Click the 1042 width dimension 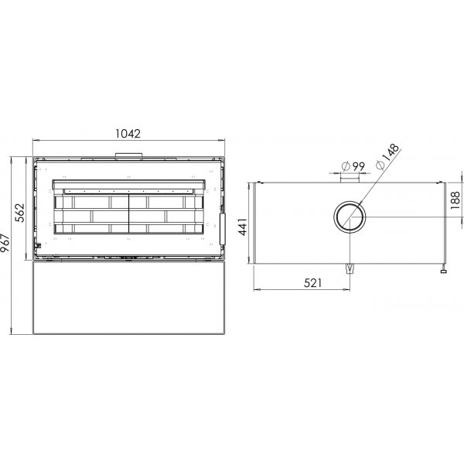(x=128, y=134)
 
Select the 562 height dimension (x=20, y=213)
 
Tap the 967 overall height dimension (x=5, y=243)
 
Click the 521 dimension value (x=312, y=283)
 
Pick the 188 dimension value (x=455, y=200)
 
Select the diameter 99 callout (x=353, y=166)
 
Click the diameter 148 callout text (x=387, y=156)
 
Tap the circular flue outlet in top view (x=350, y=202)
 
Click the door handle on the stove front (x=222, y=229)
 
